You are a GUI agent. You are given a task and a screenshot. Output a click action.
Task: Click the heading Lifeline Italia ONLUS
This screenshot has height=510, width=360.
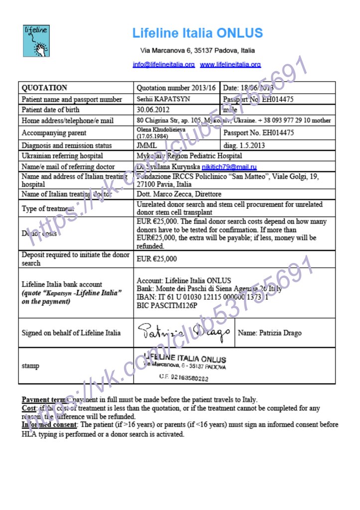(197, 33)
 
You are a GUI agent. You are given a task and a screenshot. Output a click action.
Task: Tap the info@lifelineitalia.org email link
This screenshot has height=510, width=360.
(164, 65)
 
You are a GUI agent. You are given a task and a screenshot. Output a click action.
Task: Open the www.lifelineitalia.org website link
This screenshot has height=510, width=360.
(231, 65)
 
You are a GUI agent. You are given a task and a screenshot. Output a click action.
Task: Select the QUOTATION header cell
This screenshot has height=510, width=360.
(44, 88)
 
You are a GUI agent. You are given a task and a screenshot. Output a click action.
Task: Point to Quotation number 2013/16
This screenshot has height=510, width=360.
(176, 88)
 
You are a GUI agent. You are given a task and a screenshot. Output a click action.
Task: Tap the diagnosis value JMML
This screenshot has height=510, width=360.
(146, 145)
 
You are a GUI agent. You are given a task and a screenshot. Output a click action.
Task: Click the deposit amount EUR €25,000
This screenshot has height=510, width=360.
(157, 259)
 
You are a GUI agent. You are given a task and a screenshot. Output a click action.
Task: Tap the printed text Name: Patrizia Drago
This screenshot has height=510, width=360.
(269, 333)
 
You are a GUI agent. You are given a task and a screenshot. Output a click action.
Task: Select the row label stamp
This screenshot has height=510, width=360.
(30, 366)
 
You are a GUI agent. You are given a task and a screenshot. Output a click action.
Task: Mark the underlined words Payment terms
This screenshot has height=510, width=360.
(42, 400)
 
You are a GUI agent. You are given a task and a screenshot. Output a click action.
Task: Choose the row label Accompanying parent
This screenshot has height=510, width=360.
(54, 133)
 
